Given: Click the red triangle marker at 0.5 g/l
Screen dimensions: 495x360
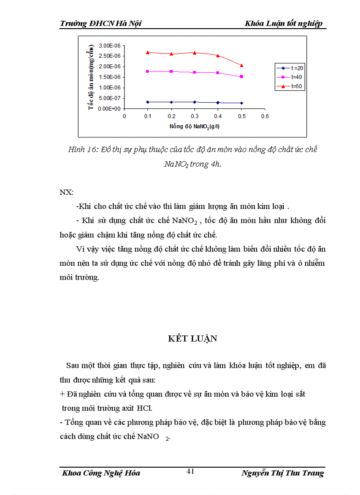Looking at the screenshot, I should coord(241,65).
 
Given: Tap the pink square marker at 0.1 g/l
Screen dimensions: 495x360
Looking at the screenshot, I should coord(148,71).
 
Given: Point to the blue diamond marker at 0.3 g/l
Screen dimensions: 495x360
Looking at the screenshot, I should coord(195,102).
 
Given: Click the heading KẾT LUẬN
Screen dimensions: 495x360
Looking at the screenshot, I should coord(193,339).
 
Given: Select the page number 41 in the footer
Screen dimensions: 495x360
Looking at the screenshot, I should coord(191,471).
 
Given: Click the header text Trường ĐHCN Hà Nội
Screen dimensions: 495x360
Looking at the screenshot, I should coord(101,23).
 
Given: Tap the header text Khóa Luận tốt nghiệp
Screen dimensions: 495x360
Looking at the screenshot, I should coord(284,23).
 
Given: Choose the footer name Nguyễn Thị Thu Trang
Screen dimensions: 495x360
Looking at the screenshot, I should coord(282,473).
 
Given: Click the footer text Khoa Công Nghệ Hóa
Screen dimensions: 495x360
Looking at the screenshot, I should coord(101,473).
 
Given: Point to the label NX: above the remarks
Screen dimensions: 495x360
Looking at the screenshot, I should coord(67,193).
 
